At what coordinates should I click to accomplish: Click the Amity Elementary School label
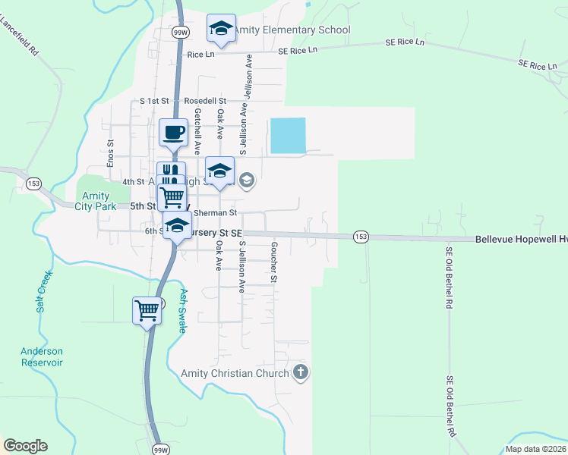292,30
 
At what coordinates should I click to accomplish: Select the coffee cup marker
173,133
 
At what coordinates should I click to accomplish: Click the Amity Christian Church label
235,373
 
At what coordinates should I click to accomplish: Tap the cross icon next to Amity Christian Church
301,372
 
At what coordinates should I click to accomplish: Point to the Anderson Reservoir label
42,356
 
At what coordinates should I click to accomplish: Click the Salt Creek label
43,291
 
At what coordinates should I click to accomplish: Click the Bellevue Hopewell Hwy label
521,238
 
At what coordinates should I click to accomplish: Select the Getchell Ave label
197,131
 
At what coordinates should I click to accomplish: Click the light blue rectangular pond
288,136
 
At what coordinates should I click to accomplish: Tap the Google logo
25,446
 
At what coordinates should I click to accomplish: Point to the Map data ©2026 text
535,449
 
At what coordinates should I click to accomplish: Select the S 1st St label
154,101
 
